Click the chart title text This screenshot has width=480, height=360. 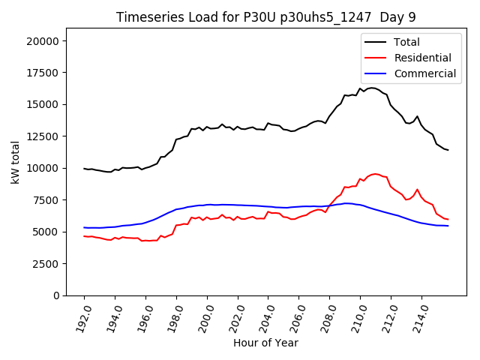click(x=265, y=17)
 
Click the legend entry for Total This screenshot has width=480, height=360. click(x=407, y=42)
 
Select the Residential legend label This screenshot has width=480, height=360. click(x=422, y=58)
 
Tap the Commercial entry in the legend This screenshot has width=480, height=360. click(x=424, y=73)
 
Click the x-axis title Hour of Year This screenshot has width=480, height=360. click(x=265, y=343)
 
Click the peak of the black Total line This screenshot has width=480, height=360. click(x=372, y=88)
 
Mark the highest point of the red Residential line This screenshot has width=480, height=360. click(x=375, y=174)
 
